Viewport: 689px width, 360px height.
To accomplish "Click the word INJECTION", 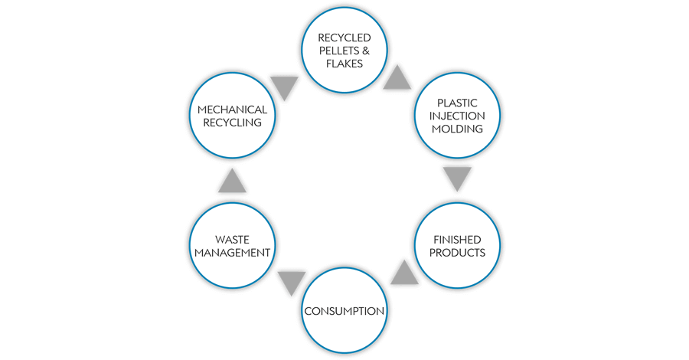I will (457, 116).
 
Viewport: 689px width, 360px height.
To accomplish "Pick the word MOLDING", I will (457, 129).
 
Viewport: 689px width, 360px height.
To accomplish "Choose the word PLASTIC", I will (457, 102).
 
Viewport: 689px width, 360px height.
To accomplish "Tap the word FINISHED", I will (457, 239).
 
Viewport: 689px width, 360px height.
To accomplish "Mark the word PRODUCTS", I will (457, 253).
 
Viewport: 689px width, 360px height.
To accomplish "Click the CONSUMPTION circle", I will (344, 311).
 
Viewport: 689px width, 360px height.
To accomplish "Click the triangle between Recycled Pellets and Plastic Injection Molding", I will (400, 77).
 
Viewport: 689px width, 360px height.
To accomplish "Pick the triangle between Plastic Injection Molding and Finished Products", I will (457, 178).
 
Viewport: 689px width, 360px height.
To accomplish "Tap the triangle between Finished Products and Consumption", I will (404, 272).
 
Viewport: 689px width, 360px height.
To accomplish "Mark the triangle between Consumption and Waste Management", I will (292, 283).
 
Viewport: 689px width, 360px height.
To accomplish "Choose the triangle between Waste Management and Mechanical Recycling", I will (232, 182).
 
